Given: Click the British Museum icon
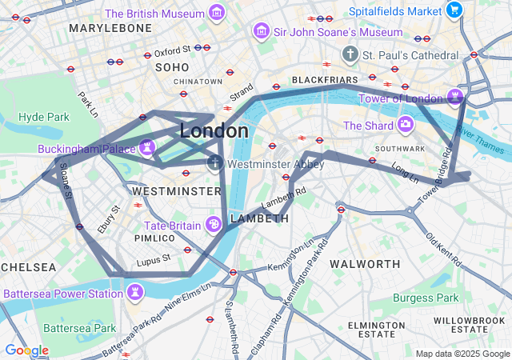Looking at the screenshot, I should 215,13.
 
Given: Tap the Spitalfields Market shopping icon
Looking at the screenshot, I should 454,10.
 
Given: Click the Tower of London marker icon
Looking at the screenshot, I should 455,98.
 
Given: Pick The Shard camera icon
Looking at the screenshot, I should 406,125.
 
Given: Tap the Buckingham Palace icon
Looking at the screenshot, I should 146,147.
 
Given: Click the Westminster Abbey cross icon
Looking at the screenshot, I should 214,164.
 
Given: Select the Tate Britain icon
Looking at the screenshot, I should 214,225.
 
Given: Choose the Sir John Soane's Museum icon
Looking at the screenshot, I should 261,32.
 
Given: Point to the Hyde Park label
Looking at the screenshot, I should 44,117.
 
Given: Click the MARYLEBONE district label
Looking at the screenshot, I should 110,28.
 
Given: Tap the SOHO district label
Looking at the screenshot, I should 171,67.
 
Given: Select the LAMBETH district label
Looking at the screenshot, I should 259,218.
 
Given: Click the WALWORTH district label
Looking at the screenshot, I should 365,264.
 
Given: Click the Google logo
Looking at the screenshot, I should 26,350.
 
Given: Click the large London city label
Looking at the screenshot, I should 214,130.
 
